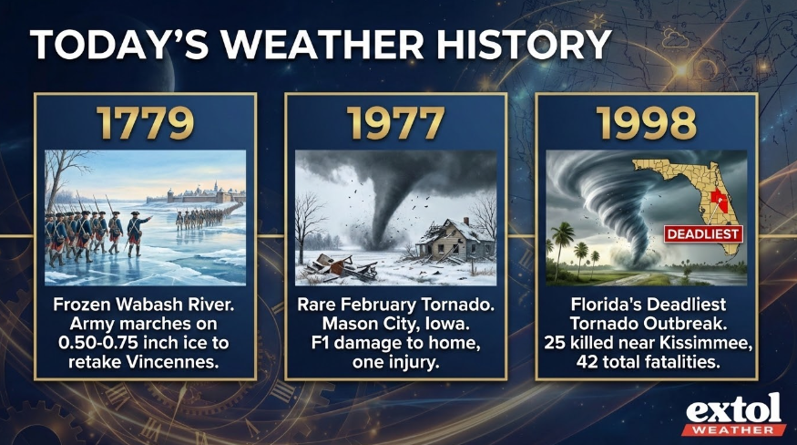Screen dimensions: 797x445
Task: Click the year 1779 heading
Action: (x=146, y=123)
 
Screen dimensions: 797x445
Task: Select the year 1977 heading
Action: (x=395, y=123)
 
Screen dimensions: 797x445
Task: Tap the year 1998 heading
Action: (x=647, y=123)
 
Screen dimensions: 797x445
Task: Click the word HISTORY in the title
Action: (x=524, y=45)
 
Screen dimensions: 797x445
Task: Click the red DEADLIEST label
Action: (x=703, y=234)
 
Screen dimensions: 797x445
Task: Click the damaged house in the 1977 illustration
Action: (x=454, y=241)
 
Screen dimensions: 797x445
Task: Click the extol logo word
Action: (x=733, y=409)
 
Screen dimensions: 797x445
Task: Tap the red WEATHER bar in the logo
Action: (x=733, y=429)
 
